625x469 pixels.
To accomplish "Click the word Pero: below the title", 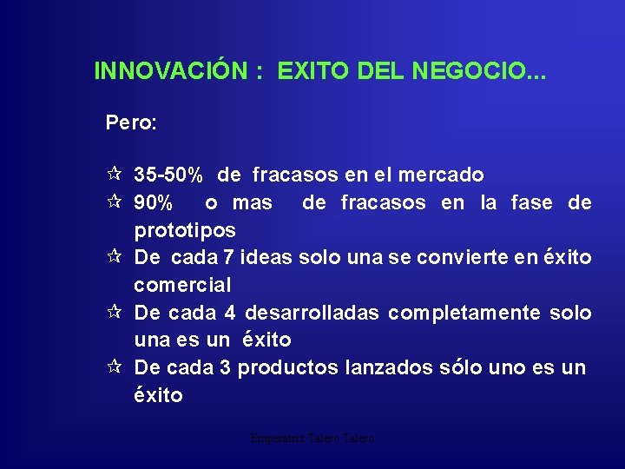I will click(131, 122).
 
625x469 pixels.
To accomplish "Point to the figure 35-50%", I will click(168, 175).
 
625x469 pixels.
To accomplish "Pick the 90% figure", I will click(153, 203).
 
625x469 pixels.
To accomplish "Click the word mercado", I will click(440, 175).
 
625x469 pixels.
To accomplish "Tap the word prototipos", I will click(184, 231).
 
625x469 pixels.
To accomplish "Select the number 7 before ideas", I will click(228, 258).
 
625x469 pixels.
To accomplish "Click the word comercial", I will click(182, 285).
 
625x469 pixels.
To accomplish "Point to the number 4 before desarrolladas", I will click(229, 313).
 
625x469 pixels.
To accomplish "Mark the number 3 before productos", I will click(225, 367).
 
